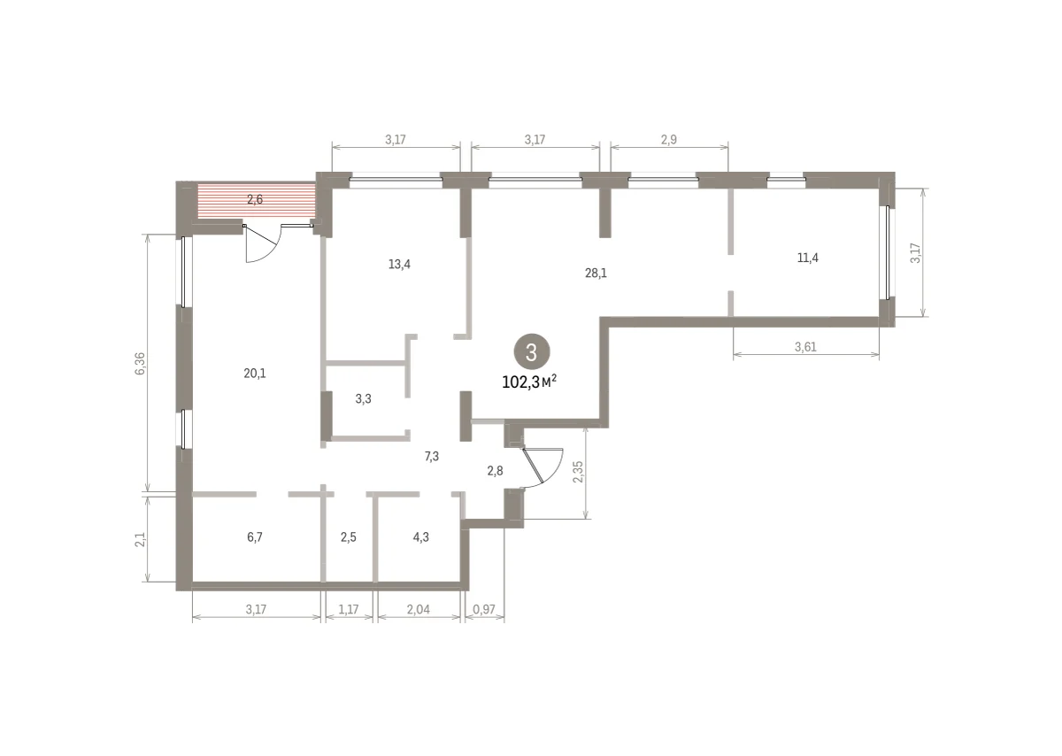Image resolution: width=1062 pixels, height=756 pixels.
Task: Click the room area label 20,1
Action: coord(255,374)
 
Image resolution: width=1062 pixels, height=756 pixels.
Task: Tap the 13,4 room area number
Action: coord(399,264)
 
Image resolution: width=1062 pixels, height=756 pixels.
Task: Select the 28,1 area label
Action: coord(596,274)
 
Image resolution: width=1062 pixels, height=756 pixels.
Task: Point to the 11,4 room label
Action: coord(807,258)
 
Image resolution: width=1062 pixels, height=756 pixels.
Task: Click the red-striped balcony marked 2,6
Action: coord(256,201)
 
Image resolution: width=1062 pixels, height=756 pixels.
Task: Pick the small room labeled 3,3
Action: coord(363,399)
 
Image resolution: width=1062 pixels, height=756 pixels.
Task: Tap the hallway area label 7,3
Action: coord(432,457)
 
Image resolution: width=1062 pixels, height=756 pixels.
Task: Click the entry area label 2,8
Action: coord(495,471)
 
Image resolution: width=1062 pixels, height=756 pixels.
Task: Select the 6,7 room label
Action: coord(255,537)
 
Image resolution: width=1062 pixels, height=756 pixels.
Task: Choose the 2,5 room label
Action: coord(348,537)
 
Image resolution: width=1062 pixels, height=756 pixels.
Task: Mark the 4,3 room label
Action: coord(420,537)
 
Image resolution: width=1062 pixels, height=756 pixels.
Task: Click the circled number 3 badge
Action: coord(532,352)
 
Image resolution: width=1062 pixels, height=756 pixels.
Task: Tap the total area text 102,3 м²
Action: coord(529,382)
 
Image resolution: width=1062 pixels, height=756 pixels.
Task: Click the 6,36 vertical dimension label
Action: coord(141,364)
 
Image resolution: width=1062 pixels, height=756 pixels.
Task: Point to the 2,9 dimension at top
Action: coord(668,140)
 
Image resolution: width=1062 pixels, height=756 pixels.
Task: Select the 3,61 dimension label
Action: coord(805,347)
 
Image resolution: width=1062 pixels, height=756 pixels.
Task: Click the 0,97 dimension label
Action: coord(484,609)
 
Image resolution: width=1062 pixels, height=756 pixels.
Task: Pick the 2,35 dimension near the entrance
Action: coord(578,472)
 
